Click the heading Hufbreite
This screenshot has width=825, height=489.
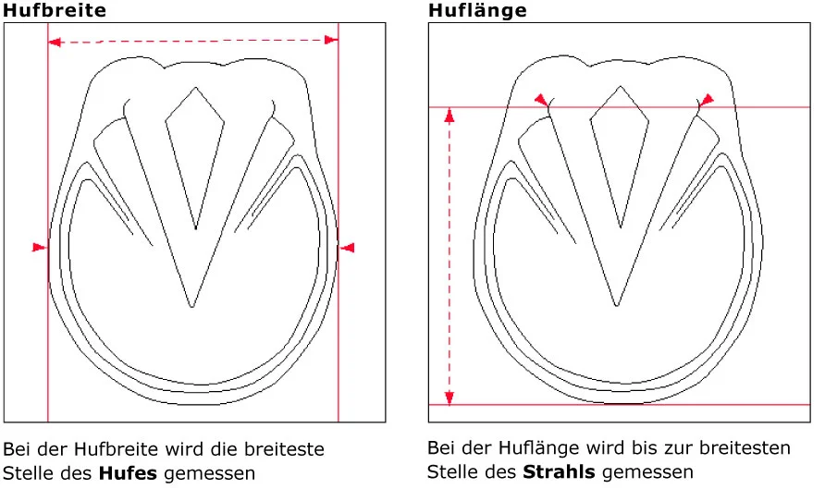pos(55,10)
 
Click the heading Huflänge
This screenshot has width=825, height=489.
pos(477,10)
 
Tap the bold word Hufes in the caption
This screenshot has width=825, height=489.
pos(128,473)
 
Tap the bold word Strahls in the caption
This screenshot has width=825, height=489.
pos(559,471)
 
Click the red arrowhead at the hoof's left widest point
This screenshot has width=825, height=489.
pos(40,247)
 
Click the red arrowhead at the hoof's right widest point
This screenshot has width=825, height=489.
pos(347,248)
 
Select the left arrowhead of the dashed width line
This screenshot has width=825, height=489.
pos(55,42)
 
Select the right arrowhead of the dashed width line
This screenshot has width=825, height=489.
pos(331,40)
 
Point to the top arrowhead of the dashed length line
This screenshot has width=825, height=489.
pos(449,116)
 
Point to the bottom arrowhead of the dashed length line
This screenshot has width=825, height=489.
pos(449,397)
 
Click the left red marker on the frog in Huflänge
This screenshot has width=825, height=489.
pos(541,100)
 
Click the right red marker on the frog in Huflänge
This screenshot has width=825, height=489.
pos(706,100)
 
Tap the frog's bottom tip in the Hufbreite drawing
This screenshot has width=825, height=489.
pos(191,307)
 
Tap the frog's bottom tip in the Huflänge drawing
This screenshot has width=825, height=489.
pos(616,305)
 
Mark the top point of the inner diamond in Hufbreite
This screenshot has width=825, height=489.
pos(196,87)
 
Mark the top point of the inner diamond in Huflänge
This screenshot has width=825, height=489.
pos(621,86)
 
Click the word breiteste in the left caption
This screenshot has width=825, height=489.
pos(284,449)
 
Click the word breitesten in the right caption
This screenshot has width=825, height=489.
pos(745,447)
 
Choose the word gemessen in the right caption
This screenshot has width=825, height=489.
pos(647,471)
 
